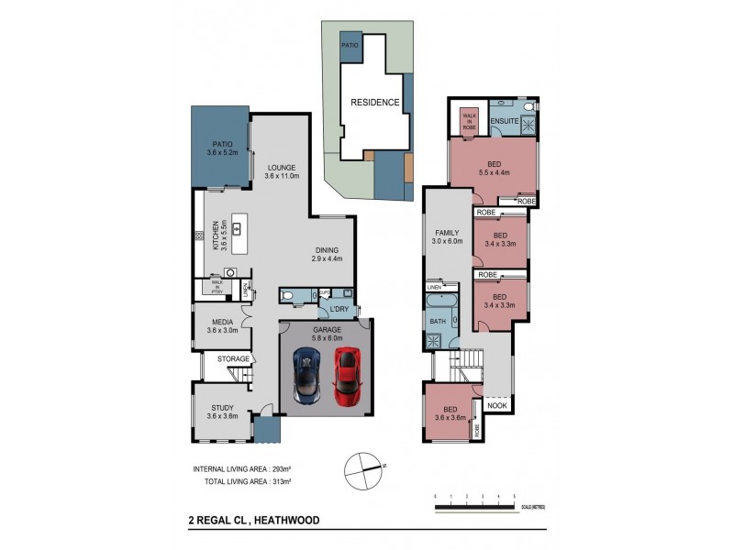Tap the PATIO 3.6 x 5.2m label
pos(221,148)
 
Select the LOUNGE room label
pos(281,172)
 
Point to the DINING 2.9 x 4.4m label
pos(327,254)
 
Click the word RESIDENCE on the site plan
pos(373,102)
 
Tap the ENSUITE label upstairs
pos(505,120)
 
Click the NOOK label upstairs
pos(497,404)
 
